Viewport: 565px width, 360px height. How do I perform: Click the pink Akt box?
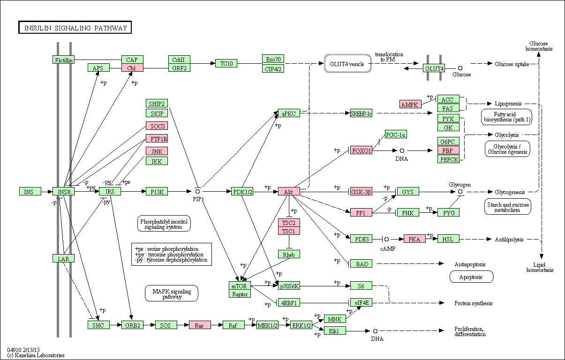[289, 191]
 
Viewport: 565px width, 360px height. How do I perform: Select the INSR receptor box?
[64, 191]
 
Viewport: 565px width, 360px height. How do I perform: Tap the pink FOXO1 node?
[361, 150]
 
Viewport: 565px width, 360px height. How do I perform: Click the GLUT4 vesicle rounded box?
[347, 64]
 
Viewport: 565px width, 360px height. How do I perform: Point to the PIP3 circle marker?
[197, 192]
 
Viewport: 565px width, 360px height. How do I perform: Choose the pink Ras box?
[200, 325]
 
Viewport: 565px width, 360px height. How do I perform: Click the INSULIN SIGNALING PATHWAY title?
[75, 28]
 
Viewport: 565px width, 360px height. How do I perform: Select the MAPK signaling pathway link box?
[172, 293]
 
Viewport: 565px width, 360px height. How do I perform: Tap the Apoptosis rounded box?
[471, 277]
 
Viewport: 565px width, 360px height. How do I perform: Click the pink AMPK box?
[410, 104]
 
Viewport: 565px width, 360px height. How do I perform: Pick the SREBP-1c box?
[361, 113]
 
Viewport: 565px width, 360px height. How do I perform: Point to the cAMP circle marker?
[386, 239]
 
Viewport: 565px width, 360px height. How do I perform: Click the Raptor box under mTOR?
[240, 294]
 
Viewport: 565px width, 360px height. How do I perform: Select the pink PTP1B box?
[157, 138]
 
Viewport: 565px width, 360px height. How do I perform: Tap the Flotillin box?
[64, 60]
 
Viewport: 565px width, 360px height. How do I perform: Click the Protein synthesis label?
[474, 303]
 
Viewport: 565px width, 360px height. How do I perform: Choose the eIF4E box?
[361, 302]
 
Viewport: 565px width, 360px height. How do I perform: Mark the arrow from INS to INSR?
[47, 192]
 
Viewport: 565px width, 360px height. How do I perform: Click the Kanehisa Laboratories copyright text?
[36, 355]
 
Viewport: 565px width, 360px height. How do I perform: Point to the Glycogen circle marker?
[460, 192]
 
